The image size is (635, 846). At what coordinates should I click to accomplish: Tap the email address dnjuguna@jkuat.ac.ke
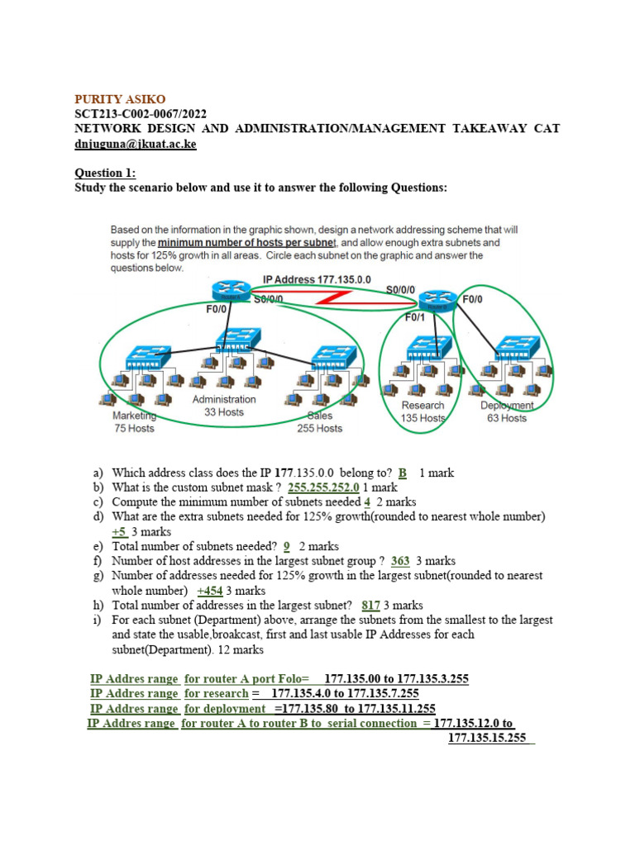click(136, 144)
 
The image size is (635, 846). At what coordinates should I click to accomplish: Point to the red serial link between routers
click(347, 298)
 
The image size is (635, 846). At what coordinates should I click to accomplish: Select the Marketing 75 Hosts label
click(134, 422)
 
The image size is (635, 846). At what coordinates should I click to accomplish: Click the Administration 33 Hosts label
click(224, 406)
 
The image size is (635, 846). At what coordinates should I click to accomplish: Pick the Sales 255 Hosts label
click(320, 422)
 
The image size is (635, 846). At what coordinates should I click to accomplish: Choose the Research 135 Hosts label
click(423, 411)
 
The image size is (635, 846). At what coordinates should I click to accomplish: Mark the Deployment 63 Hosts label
click(507, 411)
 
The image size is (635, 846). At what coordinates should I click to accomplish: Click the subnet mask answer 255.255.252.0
click(323, 487)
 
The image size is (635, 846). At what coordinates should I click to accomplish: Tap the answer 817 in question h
click(370, 606)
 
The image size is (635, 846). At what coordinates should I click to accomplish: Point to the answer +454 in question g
click(210, 591)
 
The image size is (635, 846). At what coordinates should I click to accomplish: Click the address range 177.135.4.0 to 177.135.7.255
click(345, 694)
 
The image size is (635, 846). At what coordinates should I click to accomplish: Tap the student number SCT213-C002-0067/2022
click(141, 114)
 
